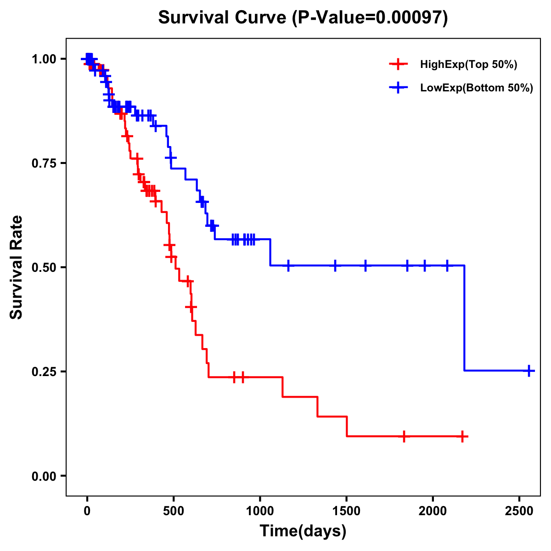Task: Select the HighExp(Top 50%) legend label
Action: point(468,65)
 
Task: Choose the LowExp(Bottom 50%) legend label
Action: point(477,88)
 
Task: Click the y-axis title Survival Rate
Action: point(17,267)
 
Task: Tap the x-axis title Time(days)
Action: point(303,531)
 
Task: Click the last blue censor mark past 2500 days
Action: point(529,371)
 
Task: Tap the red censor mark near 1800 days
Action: point(404,437)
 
